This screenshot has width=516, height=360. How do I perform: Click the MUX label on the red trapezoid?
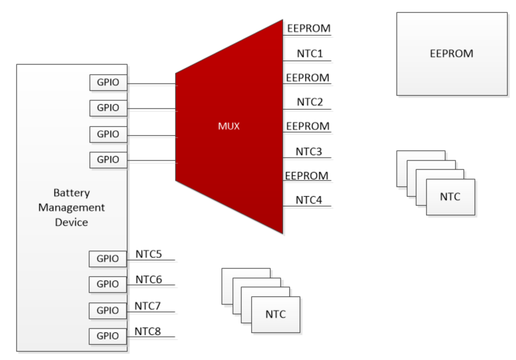pyautogui.click(x=229, y=126)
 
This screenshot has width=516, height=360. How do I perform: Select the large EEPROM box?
pyautogui.click(x=452, y=54)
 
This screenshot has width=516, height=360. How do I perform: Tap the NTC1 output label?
pyautogui.click(x=310, y=54)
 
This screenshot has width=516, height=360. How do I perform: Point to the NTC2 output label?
pyautogui.click(x=310, y=102)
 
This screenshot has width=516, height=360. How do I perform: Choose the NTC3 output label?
pyautogui.click(x=309, y=151)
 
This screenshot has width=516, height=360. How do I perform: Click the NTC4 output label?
pyautogui.click(x=309, y=200)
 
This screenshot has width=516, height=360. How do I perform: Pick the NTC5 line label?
pyautogui.click(x=149, y=254)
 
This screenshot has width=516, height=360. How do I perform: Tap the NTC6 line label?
pyautogui.click(x=149, y=279)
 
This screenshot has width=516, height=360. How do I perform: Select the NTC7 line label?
pyautogui.click(x=148, y=306)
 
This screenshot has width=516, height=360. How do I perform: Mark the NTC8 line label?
pyautogui.click(x=148, y=331)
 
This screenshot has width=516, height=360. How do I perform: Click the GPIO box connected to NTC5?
pyautogui.click(x=107, y=259)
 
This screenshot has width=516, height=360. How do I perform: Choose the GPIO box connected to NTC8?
pyautogui.click(x=107, y=336)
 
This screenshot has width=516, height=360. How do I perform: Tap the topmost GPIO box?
pyautogui.click(x=108, y=82)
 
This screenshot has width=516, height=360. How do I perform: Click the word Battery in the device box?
pyautogui.click(x=72, y=193)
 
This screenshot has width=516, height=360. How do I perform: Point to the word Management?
pyautogui.click(x=72, y=207)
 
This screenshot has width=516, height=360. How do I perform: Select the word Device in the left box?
pyautogui.click(x=72, y=222)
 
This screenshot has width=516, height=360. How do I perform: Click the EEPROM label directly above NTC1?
pyautogui.click(x=309, y=28)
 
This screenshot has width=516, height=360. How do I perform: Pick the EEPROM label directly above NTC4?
pyautogui.click(x=307, y=176)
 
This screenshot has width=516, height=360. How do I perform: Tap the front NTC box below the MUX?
pyautogui.click(x=276, y=314)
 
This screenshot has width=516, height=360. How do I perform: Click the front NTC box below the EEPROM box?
pyautogui.click(x=450, y=197)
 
